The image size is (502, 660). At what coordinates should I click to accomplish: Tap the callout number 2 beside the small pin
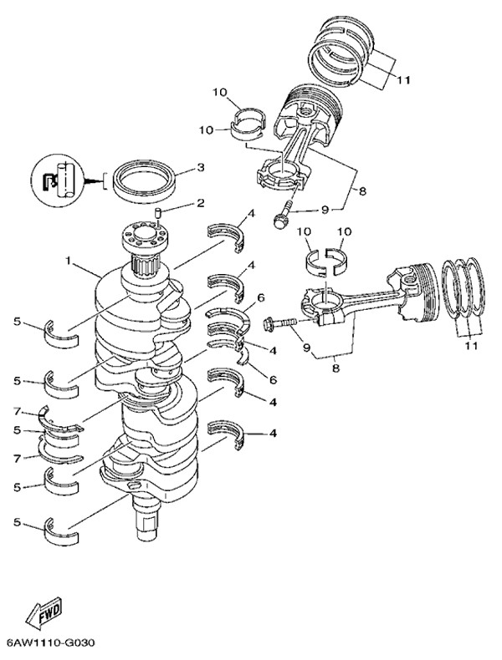[200, 203]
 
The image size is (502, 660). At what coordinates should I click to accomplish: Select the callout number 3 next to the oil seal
[200, 167]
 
